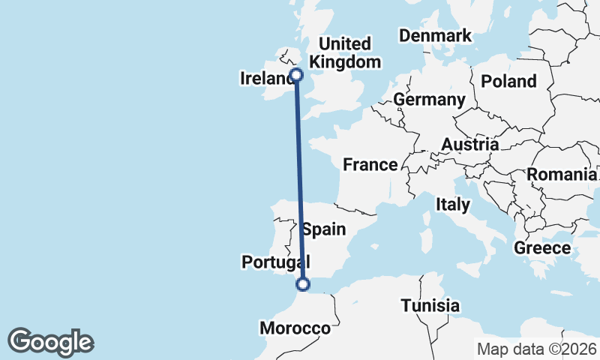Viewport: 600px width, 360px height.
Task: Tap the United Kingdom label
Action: click(345, 52)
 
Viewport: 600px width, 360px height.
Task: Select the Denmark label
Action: click(435, 35)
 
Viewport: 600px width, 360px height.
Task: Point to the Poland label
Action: click(509, 81)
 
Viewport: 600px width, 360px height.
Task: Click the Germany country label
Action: click(429, 100)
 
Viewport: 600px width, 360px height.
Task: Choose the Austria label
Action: click(470, 144)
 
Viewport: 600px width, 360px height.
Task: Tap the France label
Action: click(370, 164)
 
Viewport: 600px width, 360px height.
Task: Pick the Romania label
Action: click(559, 175)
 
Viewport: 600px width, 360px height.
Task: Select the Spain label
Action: click(324, 229)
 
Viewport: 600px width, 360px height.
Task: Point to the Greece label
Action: click(542, 247)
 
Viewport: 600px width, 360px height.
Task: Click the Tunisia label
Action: click(430, 305)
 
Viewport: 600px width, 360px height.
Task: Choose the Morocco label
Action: click(295, 328)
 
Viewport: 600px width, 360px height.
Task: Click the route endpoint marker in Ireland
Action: click(296, 74)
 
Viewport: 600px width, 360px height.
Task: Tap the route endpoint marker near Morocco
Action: click(303, 283)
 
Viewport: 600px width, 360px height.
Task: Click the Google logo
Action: click(50, 342)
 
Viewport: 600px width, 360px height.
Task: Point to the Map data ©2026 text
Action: click(536, 349)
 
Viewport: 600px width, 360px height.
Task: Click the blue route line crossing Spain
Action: click(301, 225)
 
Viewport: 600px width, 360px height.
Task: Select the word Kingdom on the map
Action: click(345, 61)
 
